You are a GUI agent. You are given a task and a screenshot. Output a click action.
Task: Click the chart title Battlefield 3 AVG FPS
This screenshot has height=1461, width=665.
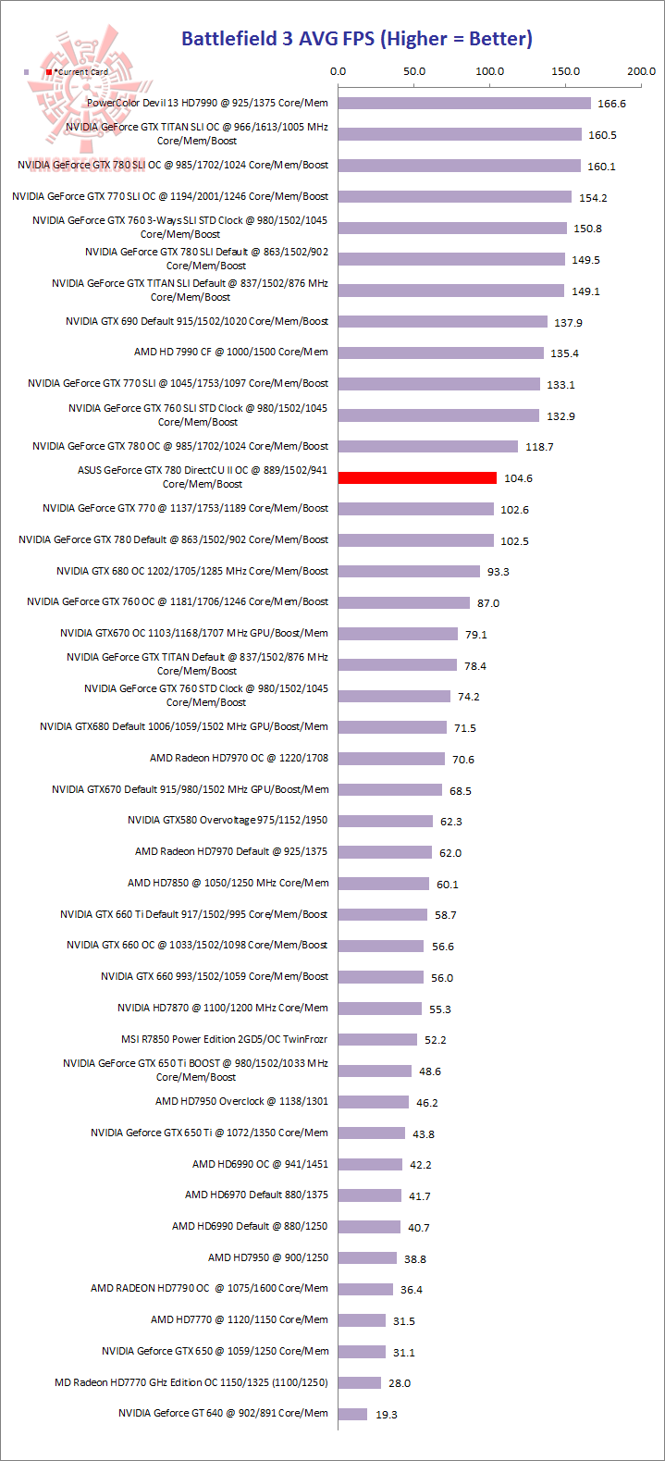point(356,39)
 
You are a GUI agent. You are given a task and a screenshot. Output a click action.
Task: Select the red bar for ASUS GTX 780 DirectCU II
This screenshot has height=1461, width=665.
point(417,477)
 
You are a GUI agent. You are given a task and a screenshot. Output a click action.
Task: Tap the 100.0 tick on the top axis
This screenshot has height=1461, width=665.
point(489,71)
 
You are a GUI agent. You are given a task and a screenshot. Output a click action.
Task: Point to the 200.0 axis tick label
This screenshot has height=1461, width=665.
point(641,71)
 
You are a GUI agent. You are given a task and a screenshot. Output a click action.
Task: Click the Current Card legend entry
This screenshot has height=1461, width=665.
point(78,72)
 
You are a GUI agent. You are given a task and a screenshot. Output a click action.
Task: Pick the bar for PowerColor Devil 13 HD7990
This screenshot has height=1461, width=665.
point(464,103)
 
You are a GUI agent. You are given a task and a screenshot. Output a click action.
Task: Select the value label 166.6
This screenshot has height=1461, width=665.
point(611,104)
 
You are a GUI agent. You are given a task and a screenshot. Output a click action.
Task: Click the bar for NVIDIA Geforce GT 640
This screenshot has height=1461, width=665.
point(352,1414)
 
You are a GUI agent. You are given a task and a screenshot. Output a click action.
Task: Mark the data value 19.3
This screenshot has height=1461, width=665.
point(387,1415)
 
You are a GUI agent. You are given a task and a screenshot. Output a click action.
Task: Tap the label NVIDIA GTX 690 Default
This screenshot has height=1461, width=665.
point(197,321)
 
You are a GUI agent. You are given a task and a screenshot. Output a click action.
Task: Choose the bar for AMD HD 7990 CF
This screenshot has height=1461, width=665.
point(441,353)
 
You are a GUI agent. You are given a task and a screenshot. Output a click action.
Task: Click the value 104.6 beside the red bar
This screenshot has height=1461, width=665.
point(518,478)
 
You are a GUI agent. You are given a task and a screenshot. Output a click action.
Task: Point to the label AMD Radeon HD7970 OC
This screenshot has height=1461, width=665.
point(239,758)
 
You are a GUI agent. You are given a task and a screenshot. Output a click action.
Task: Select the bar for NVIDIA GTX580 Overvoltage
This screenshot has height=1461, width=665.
point(386,821)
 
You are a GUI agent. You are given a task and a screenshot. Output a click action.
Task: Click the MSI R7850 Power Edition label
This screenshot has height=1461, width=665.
point(225,1039)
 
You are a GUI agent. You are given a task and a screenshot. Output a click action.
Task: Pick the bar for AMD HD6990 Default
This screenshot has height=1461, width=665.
point(369,1227)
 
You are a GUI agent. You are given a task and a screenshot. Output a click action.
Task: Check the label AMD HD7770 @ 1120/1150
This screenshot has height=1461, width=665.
point(240,1319)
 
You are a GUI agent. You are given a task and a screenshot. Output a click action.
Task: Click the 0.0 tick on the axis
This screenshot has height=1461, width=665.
point(339,71)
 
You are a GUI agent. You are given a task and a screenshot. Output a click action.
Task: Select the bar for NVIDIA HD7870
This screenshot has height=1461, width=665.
point(380,1009)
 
